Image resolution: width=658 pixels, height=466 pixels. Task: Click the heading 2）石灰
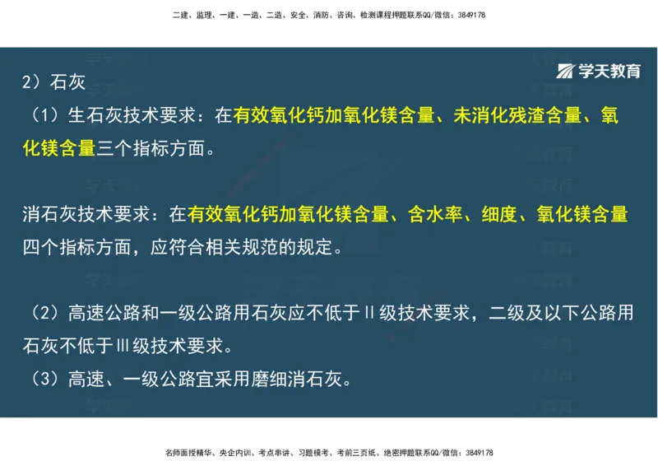point(53,83)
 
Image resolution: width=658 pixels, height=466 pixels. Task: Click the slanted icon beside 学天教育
point(566,71)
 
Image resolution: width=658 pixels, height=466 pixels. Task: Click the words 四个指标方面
point(74,247)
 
